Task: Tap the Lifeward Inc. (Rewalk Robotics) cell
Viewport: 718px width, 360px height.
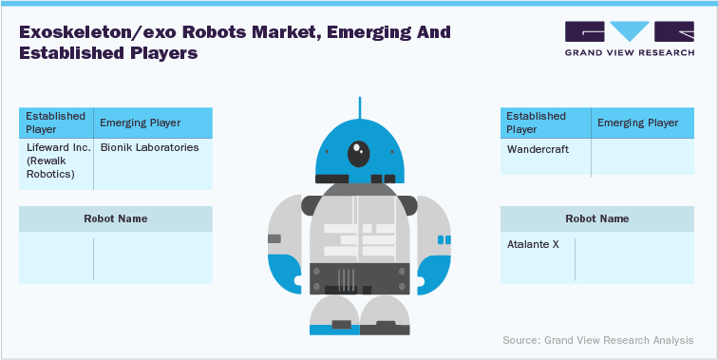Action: (56, 161)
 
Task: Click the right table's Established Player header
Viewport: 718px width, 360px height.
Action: (537, 123)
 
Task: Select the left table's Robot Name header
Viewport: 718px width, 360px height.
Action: (116, 218)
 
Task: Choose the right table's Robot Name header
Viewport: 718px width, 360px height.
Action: (596, 218)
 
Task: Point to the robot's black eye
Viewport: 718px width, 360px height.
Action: (358, 153)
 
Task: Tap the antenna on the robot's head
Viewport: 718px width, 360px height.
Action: (358, 106)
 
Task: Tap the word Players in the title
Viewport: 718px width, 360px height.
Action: (162, 53)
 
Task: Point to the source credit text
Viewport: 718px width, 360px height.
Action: (597, 339)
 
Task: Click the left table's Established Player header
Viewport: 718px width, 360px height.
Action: (55, 123)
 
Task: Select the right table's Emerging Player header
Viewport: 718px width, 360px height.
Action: (636, 123)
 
